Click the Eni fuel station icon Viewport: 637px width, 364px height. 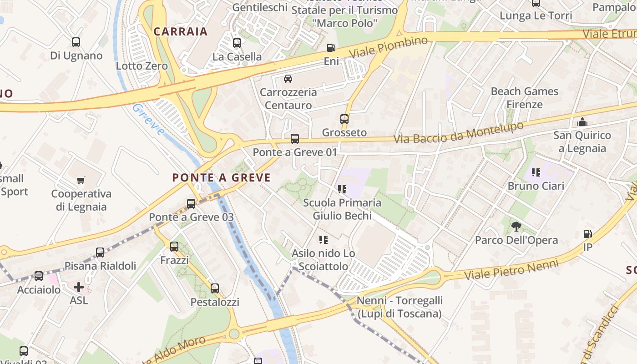331,48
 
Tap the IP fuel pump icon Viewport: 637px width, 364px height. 588,234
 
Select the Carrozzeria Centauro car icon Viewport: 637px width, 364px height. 288,79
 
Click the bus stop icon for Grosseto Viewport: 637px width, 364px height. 344,119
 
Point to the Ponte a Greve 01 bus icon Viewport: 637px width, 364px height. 295,139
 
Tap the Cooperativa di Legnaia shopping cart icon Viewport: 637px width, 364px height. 81,181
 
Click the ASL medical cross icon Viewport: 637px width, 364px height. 79,287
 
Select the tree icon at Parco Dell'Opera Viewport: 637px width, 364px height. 516,226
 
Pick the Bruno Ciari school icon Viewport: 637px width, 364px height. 536,172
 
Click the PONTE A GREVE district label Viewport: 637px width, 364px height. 221,178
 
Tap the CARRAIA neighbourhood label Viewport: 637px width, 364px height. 181,31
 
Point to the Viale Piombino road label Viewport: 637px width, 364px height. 389,47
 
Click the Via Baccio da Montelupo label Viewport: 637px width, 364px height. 459,132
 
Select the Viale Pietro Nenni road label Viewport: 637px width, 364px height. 511,269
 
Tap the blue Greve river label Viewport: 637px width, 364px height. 148,120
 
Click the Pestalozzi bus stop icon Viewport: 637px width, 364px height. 215,288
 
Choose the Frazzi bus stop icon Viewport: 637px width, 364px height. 174,247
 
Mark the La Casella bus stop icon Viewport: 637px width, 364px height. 237,43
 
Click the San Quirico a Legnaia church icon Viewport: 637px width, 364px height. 582,122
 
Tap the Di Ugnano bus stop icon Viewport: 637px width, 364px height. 76,42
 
